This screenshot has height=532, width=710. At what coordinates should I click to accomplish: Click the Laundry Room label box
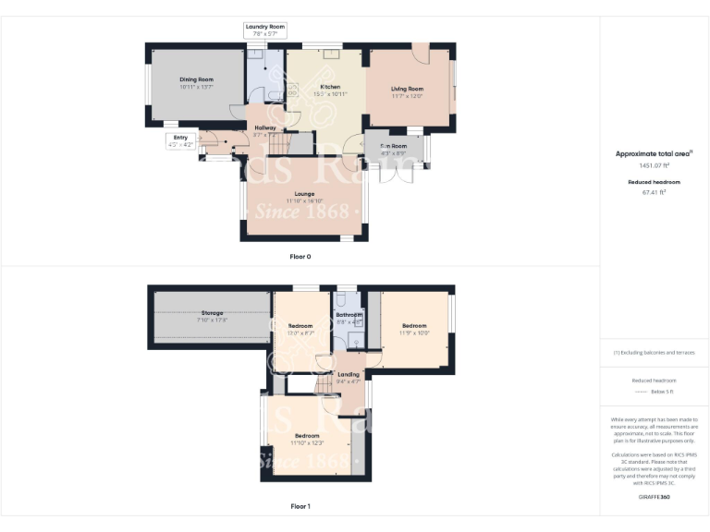tap(265, 30)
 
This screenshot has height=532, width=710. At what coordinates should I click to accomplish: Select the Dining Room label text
tap(196, 80)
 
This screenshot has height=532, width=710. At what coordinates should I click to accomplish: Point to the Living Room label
tap(406, 89)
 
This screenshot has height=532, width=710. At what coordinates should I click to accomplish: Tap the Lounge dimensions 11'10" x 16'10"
tap(303, 200)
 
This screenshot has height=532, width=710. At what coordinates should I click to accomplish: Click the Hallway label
tap(265, 128)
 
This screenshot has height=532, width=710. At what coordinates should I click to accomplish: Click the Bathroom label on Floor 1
tap(349, 315)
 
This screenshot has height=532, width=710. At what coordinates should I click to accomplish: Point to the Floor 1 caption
tap(301, 506)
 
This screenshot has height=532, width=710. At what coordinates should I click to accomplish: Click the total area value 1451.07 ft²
tap(654, 165)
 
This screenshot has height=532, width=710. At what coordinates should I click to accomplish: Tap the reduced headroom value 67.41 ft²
tap(654, 193)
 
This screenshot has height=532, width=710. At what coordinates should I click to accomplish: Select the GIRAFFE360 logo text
tap(654, 498)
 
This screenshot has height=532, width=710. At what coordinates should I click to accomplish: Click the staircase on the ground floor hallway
tap(301, 144)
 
